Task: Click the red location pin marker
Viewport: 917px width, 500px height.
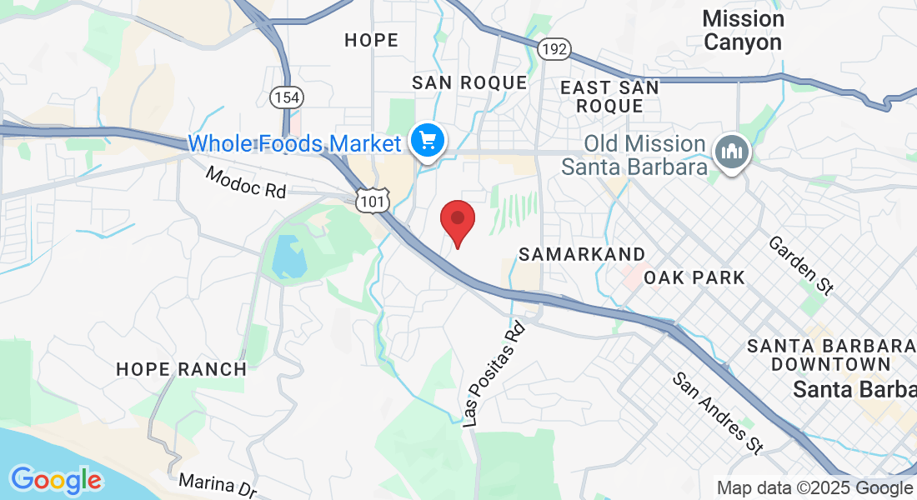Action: coord(457,220)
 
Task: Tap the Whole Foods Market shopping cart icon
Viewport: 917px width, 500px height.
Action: coord(428,141)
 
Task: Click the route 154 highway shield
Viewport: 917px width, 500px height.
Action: coord(286,97)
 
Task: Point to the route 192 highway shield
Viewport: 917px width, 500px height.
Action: coord(554,50)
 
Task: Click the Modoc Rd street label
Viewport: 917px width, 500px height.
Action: coord(246,182)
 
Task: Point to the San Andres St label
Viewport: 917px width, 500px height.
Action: coord(718,413)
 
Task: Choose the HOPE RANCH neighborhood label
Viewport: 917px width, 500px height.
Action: coord(181,369)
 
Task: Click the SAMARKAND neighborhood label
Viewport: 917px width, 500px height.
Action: coord(581,254)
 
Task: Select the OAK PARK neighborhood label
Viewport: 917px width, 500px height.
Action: coord(694,277)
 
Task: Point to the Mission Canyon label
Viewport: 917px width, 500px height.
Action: coord(743,31)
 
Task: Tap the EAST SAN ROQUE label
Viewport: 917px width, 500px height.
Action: coord(609,96)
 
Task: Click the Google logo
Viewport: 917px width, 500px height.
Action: coord(56,480)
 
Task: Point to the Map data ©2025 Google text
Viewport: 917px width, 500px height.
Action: coord(814,488)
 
